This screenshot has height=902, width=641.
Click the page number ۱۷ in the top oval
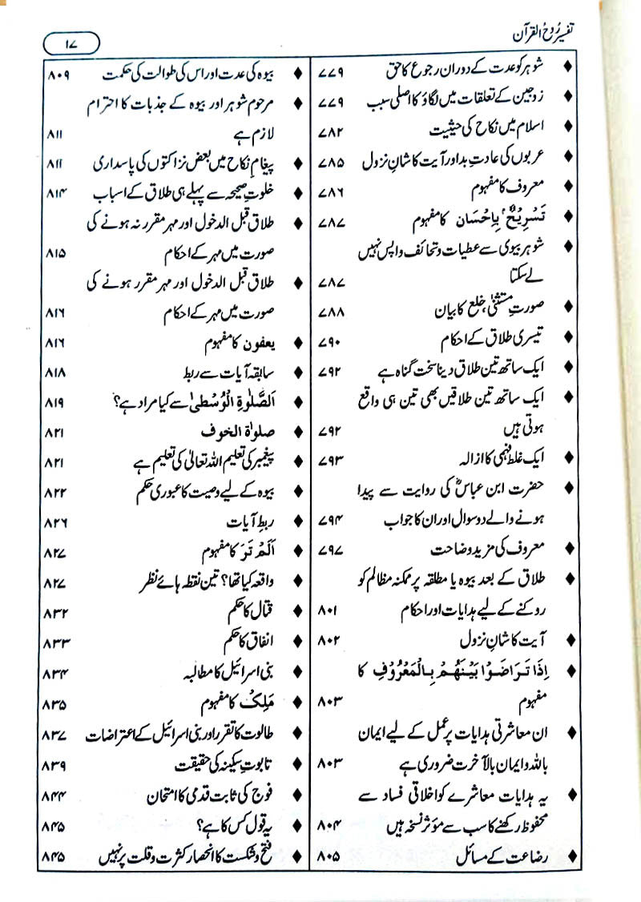(71, 40)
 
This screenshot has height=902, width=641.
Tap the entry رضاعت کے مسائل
(505, 856)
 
